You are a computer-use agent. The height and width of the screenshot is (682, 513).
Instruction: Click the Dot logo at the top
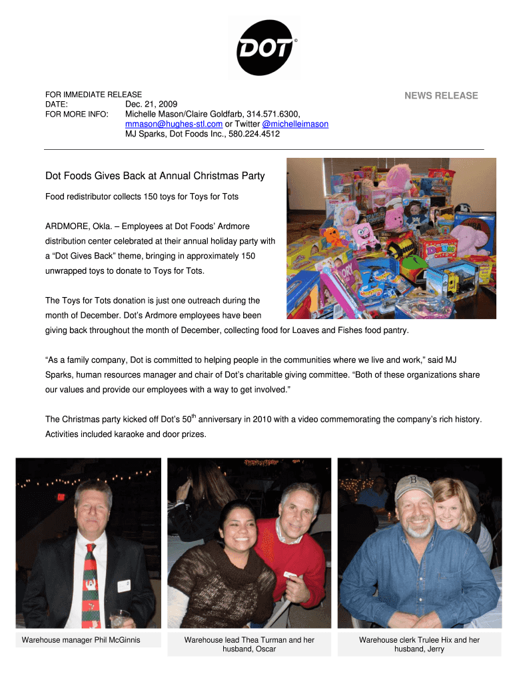(x=264, y=47)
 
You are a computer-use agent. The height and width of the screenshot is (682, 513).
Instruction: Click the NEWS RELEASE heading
(x=441, y=96)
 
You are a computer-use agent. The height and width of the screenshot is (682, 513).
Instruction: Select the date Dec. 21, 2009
(x=152, y=105)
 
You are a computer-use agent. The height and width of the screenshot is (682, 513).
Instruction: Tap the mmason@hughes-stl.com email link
(x=174, y=124)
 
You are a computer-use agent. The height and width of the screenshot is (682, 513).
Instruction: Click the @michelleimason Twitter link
(x=294, y=124)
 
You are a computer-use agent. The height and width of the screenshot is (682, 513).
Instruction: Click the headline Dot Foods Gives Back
(x=155, y=176)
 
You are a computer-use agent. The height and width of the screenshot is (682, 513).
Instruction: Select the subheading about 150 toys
(x=141, y=197)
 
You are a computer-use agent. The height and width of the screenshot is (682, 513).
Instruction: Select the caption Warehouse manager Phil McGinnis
(x=81, y=640)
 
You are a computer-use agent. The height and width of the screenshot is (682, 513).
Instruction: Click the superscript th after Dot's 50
(x=195, y=416)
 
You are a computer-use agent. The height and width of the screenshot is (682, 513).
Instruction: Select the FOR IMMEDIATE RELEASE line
(x=93, y=95)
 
